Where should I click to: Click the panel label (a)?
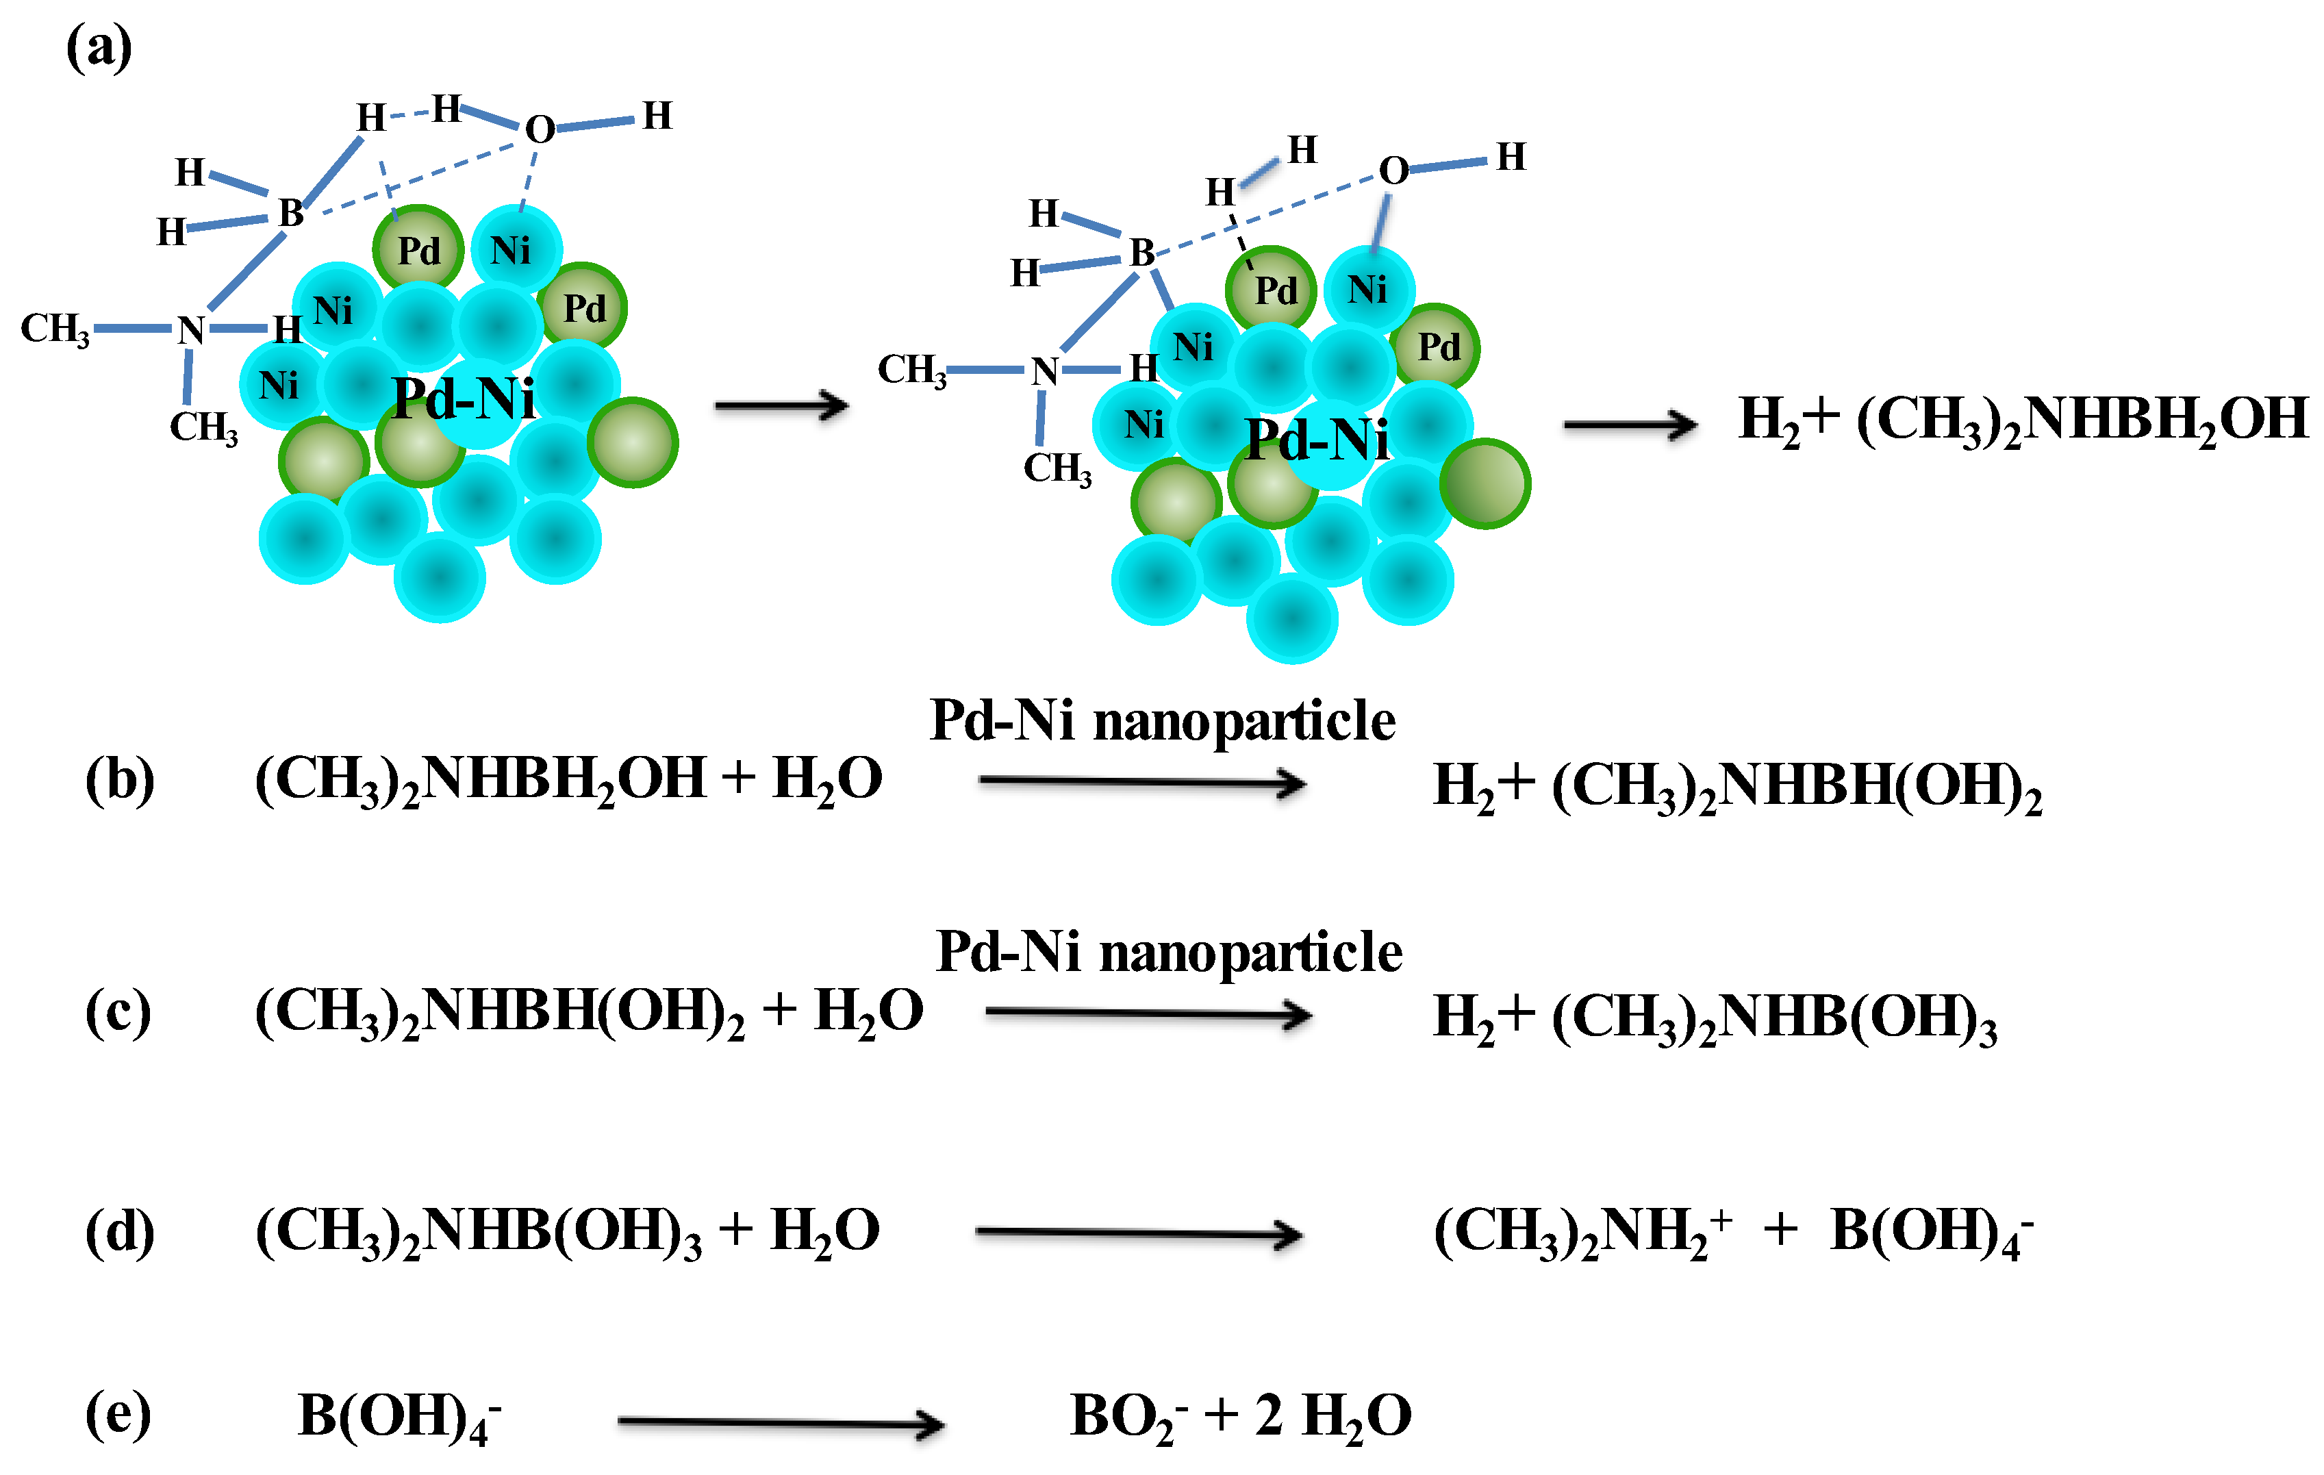point(99,48)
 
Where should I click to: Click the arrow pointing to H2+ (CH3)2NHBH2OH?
point(1629,425)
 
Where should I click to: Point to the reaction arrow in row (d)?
point(1139,1233)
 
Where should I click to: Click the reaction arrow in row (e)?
point(780,1422)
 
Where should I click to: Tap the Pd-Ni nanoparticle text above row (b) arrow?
point(1162,721)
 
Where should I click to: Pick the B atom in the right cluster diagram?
point(1141,253)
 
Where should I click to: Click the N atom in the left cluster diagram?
point(191,330)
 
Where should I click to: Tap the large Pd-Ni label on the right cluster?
point(1317,441)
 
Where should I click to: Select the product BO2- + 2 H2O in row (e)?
point(1240,1416)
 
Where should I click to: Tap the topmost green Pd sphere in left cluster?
point(418,250)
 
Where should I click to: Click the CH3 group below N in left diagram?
point(203,427)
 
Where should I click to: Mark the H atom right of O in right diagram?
point(1511,156)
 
